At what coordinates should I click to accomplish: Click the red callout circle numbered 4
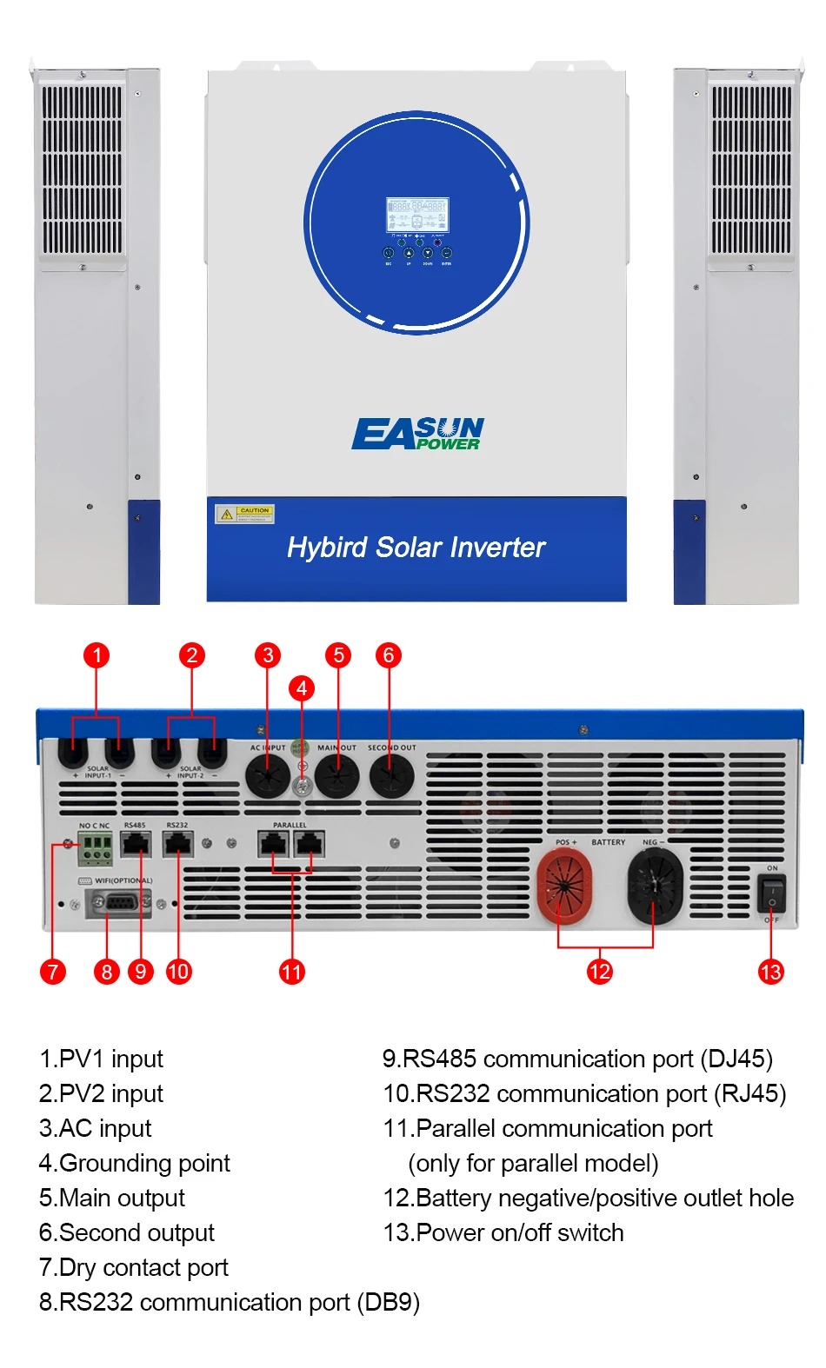coord(302,688)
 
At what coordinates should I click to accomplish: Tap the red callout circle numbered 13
coord(770,972)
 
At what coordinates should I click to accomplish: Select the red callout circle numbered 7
coord(53,972)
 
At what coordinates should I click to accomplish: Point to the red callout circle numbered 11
coord(292,972)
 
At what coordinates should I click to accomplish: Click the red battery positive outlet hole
coord(564,886)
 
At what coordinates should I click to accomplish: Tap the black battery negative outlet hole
coord(655,886)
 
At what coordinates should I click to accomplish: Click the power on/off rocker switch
coord(771,893)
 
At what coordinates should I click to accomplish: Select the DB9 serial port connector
coord(118,904)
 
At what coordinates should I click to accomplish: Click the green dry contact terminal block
coord(95,848)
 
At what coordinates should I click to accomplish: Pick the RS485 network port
coord(136,844)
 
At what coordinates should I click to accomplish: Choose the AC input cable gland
coord(267,774)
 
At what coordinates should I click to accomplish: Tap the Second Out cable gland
coord(391,774)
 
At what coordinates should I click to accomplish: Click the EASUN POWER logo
coord(417,434)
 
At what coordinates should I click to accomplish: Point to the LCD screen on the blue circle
coord(417,215)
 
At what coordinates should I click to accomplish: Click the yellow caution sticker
coord(244,514)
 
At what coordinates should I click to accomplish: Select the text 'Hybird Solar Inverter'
coord(416,548)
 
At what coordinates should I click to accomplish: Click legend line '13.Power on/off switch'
coord(503,1232)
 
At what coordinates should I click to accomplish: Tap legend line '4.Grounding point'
coord(135,1163)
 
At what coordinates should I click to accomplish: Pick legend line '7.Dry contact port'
coord(134,1267)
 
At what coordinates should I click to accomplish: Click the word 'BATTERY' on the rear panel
coord(608,842)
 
